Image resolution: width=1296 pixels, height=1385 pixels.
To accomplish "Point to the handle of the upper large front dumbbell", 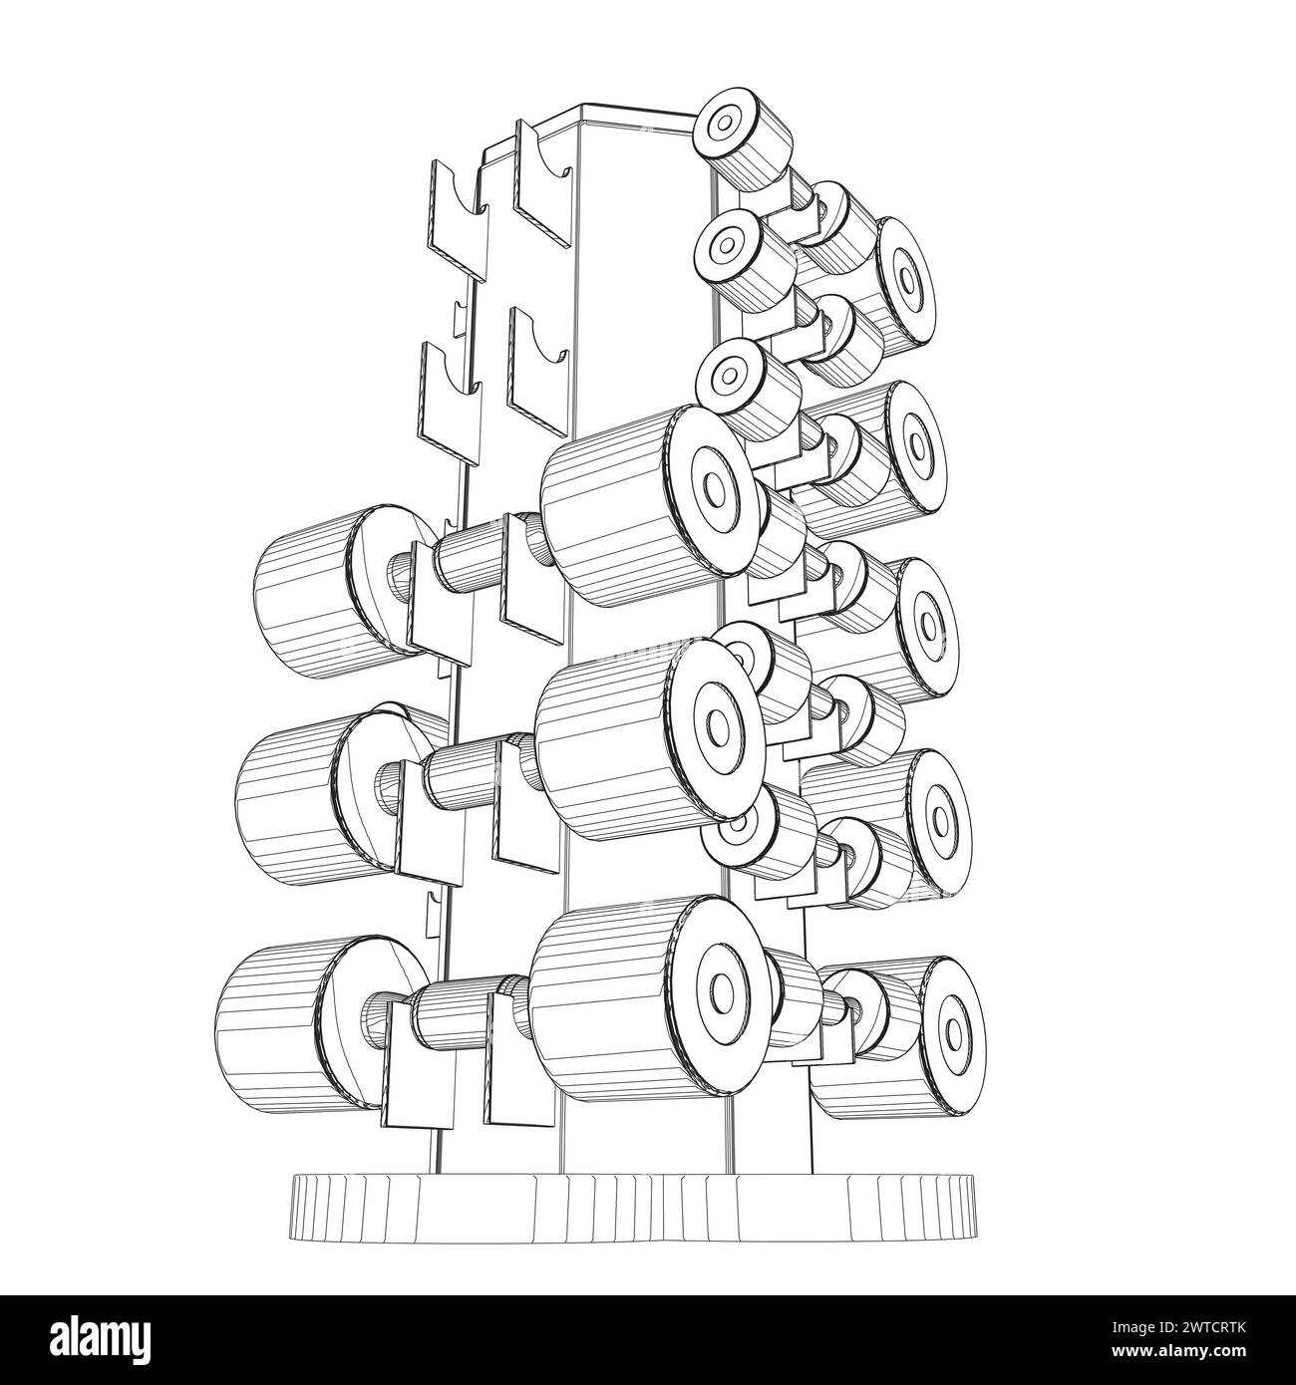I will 469,553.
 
